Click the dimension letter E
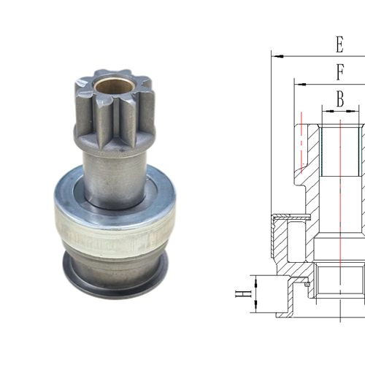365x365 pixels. (x=339, y=45)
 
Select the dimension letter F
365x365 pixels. (x=339, y=72)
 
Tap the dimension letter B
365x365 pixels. (x=340, y=99)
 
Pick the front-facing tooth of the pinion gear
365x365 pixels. (x=110, y=120)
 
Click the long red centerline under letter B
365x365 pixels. (x=340, y=204)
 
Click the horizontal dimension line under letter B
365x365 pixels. (x=340, y=111)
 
